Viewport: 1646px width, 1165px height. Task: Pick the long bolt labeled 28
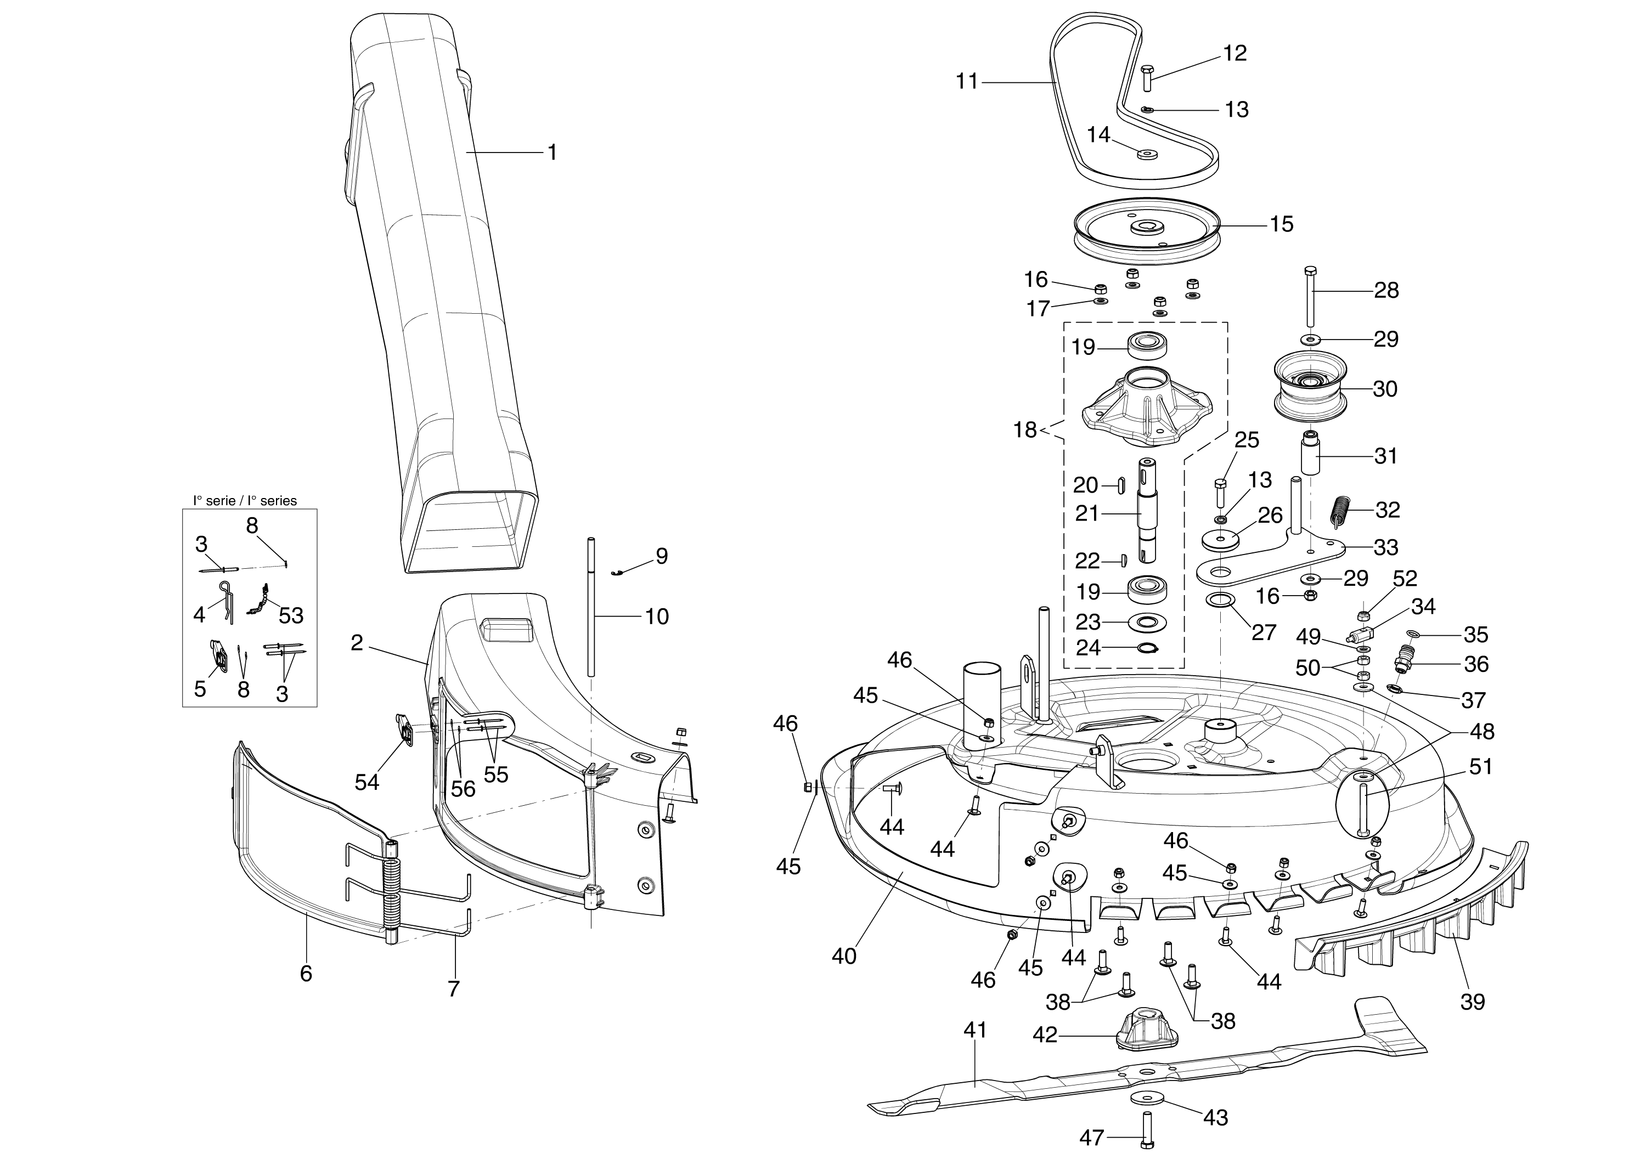click(1310, 301)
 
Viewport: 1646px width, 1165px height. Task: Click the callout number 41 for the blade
click(974, 1030)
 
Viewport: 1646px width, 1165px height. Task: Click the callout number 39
click(1473, 1002)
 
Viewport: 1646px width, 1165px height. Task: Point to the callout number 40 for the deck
click(844, 956)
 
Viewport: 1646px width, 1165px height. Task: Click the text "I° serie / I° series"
click(245, 501)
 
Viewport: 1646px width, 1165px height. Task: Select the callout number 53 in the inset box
click(291, 615)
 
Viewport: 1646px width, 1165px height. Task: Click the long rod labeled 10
click(591, 610)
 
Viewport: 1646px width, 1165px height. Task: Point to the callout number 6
click(306, 974)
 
